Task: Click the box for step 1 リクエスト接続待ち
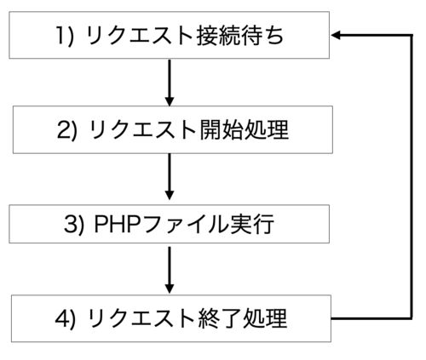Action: [x=170, y=35]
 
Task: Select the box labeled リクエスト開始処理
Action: [x=173, y=129]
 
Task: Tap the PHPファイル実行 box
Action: [x=170, y=224]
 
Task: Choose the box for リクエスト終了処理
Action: [x=171, y=318]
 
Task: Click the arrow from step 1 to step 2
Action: [x=170, y=83]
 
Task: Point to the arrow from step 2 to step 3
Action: [x=170, y=176]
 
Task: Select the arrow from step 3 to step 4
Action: [x=170, y=270]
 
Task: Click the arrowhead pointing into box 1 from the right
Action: [x=335, y=35]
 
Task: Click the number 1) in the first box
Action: [x=65, y=36]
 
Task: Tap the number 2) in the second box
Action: [x=67, y=130]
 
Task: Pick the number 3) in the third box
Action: [x=74, y=225]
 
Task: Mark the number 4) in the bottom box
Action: [x=66, y=319]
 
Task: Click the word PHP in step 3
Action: [x=117, y=224]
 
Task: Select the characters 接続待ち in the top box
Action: [x=240, y=36]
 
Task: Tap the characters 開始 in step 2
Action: [x=221, y=130]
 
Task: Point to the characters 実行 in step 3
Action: [x=252, y=224]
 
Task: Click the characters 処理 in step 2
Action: [x=266, y=130]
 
